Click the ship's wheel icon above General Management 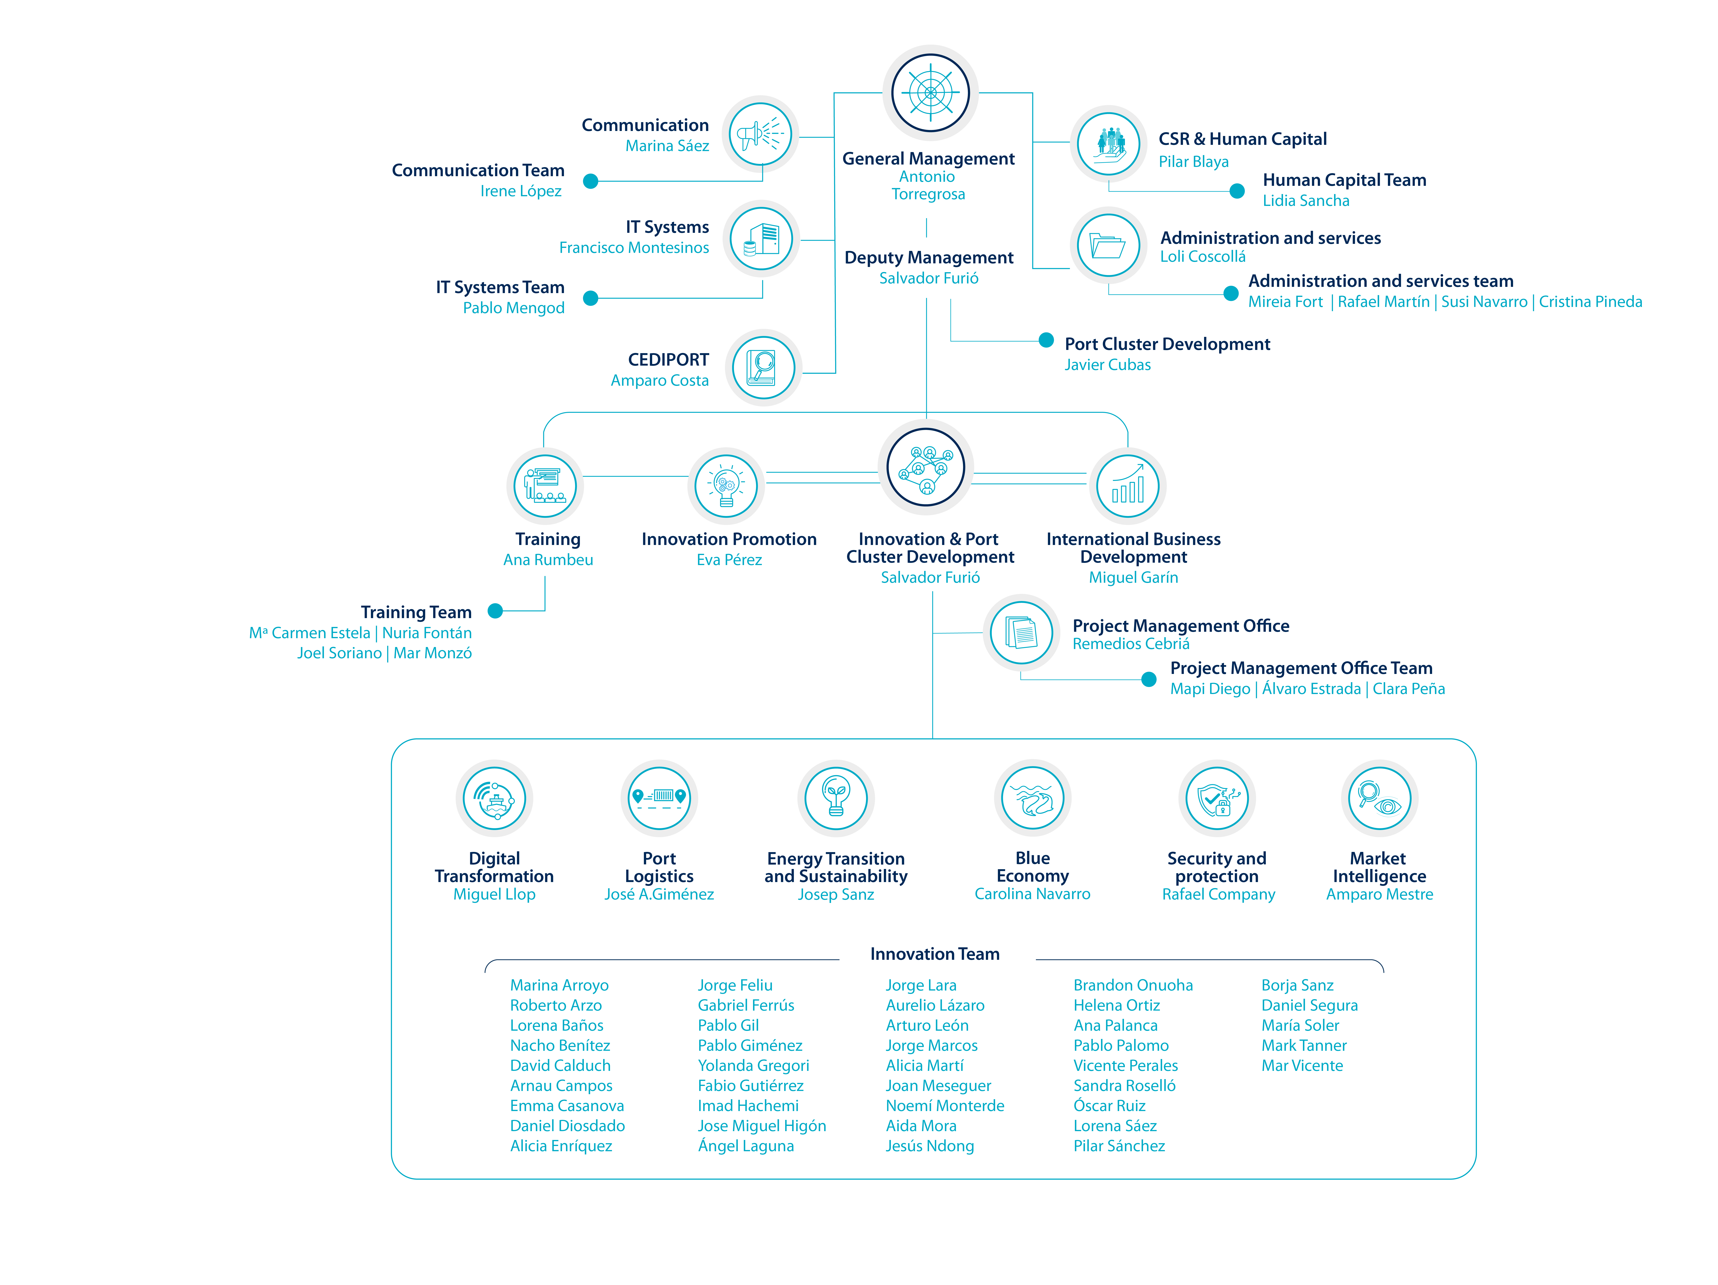[930, 92]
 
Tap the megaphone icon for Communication [760, 134]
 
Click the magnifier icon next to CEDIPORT [763, 367]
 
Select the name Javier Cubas [1108, 365]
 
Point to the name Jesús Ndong [930, 1146]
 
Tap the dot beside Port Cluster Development [1046, 340]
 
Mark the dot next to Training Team [495, 611]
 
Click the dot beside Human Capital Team [1237, 191]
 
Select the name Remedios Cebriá [1131, 644]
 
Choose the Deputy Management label [929, 258]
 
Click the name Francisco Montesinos [634, 248]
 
